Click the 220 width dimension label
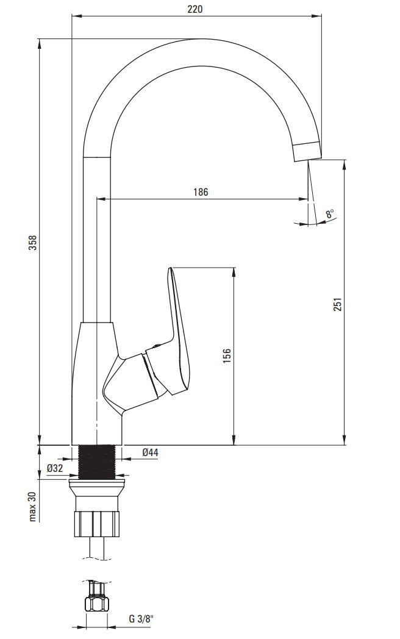point(195,9)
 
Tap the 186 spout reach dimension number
point(201,192)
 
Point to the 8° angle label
point(330,213)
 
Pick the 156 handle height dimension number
point(227,355)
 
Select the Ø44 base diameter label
point(150,452)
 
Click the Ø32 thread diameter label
point(55,468)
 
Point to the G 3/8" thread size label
point(141,619)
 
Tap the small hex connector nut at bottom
point(97,604)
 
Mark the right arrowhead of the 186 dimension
point(304,198)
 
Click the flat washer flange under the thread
point(98,485)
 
